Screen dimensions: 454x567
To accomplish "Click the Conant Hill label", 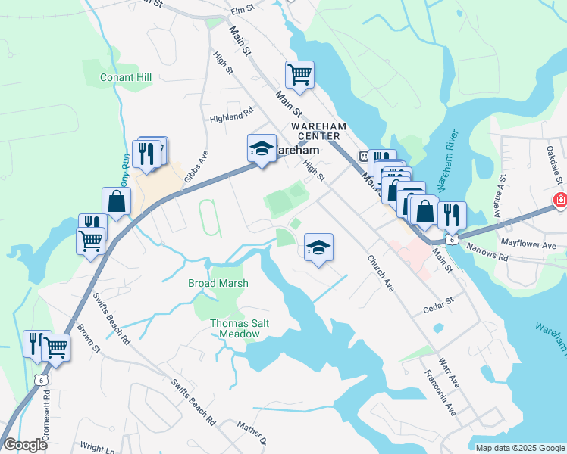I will pos(126,77).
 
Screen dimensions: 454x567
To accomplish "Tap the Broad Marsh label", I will pos(218,283).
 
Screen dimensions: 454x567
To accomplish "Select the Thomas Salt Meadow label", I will pos(240,328).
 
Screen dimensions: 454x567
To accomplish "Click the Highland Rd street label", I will pos(231,116).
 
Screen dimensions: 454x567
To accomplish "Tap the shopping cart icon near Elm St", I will pos(300,75).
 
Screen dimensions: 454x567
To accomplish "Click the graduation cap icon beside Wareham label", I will pos(262,148).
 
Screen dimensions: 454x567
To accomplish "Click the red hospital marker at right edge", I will pos(560,201).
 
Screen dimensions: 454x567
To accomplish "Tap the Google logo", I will pos(25,445).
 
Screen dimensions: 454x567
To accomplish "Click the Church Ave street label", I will pos(381,273).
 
